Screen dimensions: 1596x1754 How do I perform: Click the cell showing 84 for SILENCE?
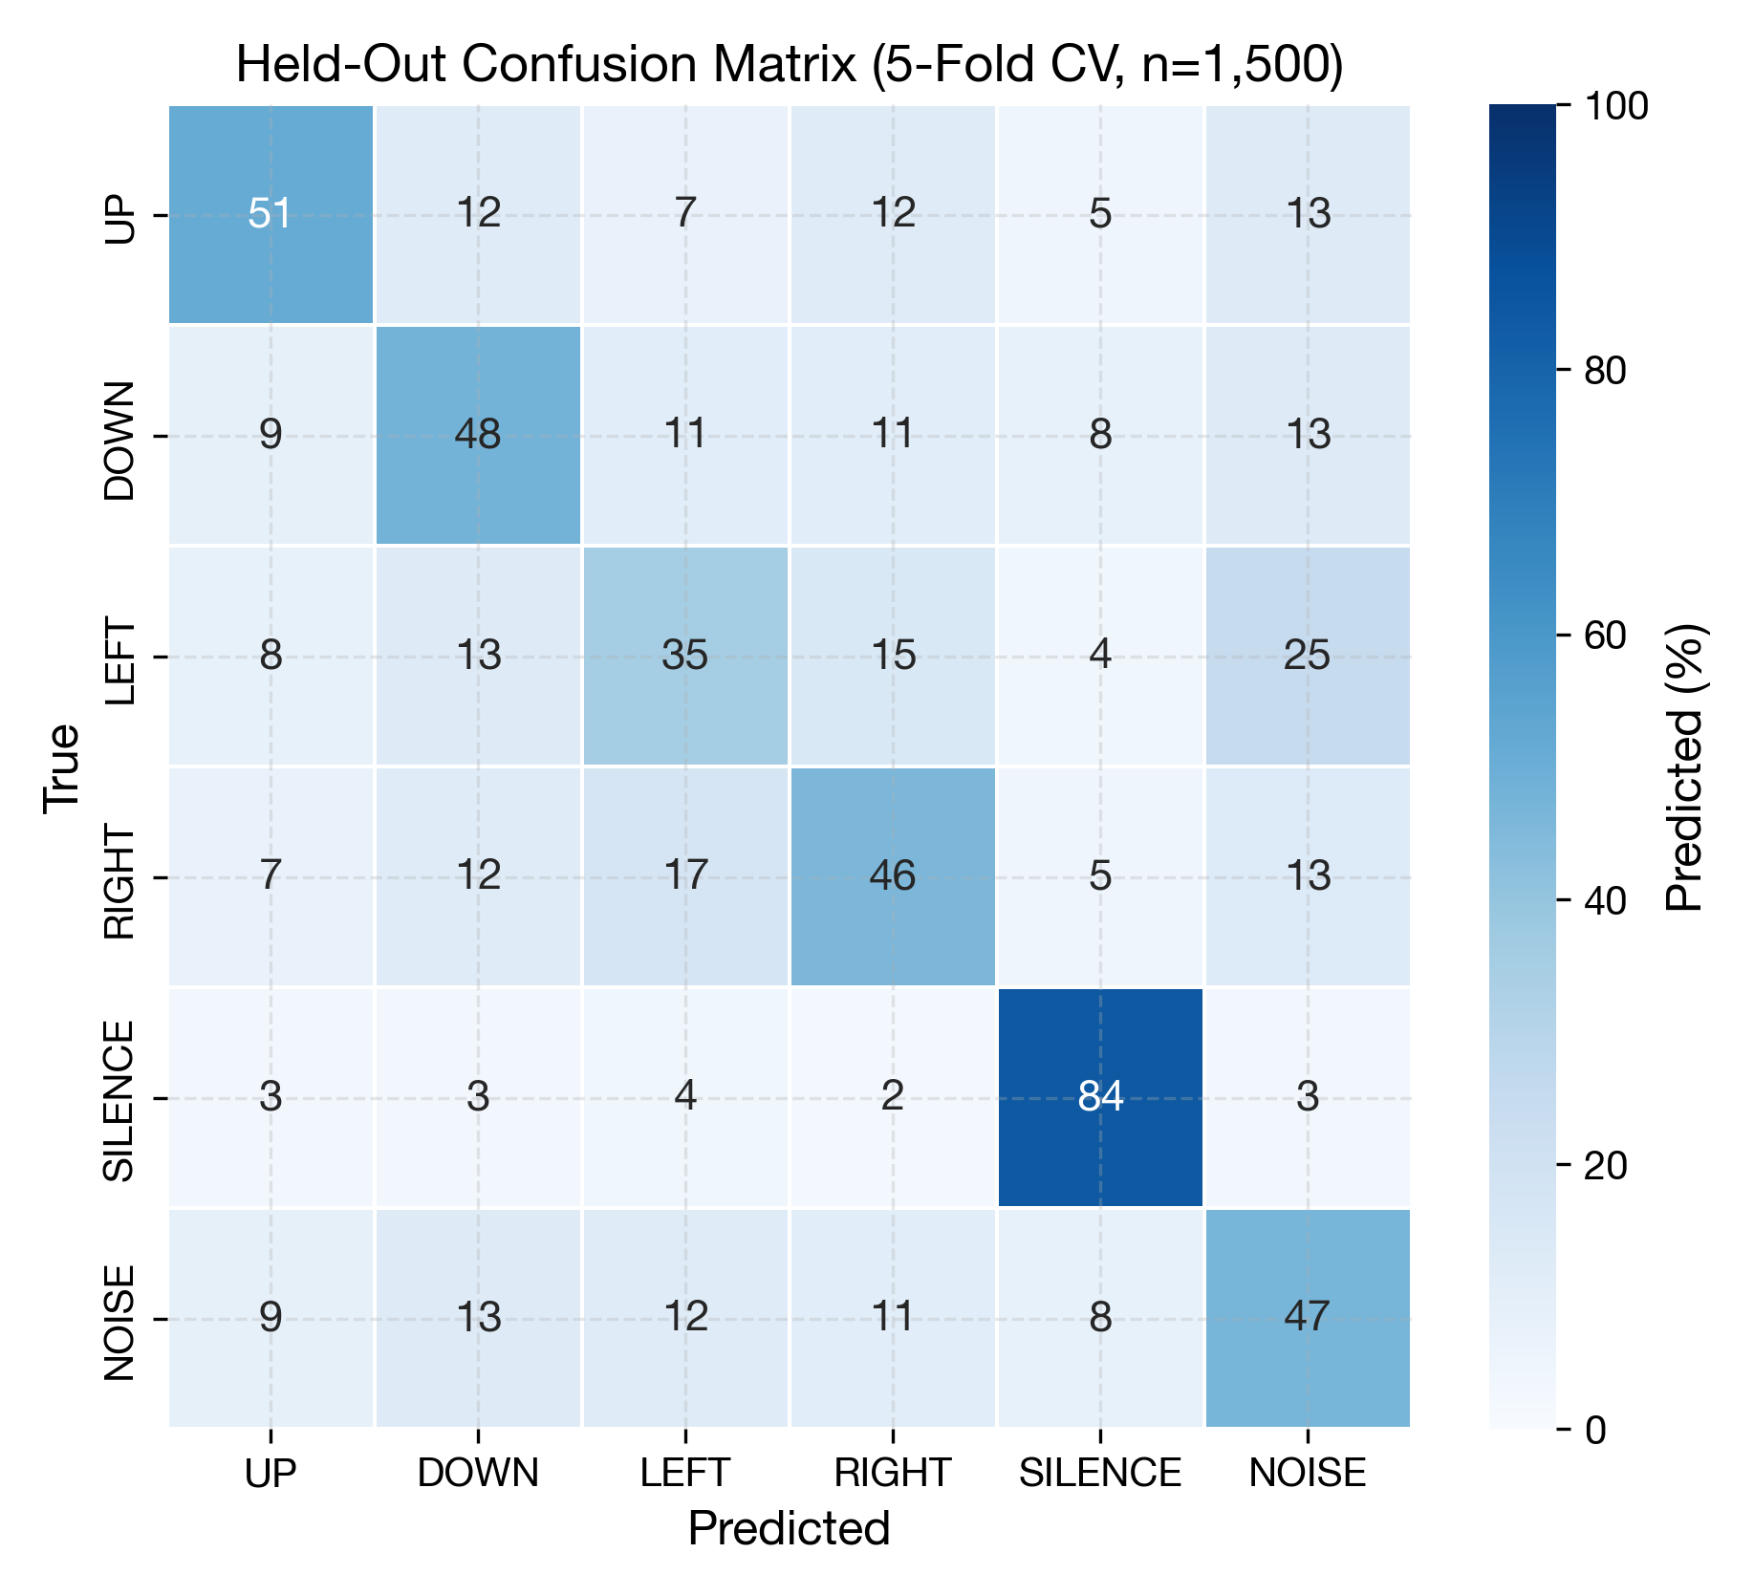(1099, 1097)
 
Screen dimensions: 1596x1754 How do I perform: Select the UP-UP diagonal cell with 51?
(271, 214)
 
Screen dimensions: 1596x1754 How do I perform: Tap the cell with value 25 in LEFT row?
(1307, 656)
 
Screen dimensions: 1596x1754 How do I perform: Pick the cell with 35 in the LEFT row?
(684, 656)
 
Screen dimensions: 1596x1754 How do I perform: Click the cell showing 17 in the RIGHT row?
(684, 876)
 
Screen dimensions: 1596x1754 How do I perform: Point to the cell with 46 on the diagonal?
(892, 876)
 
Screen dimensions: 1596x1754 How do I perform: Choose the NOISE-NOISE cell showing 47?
(1307, 1318)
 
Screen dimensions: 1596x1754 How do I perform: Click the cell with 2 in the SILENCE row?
(892, 1097)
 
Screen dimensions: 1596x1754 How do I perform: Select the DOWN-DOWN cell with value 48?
(478, 435)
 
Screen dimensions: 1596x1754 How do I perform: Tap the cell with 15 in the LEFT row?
(892, 656)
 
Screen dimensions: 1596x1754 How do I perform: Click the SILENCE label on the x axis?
(1099, 1473)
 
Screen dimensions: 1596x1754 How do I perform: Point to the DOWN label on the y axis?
(119, 441)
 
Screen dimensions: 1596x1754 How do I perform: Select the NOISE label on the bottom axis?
(1307, 1473)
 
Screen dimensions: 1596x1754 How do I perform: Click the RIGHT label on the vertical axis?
(119, 883)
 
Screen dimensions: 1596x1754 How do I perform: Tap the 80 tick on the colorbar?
(1605, 371)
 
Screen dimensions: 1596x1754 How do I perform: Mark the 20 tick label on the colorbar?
(1605, 1166)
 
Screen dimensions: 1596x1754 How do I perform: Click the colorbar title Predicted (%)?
(1684, 766)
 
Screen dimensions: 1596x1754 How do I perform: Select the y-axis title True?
(61, 766)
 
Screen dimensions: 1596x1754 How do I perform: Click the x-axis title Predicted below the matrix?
(789, 1528)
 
